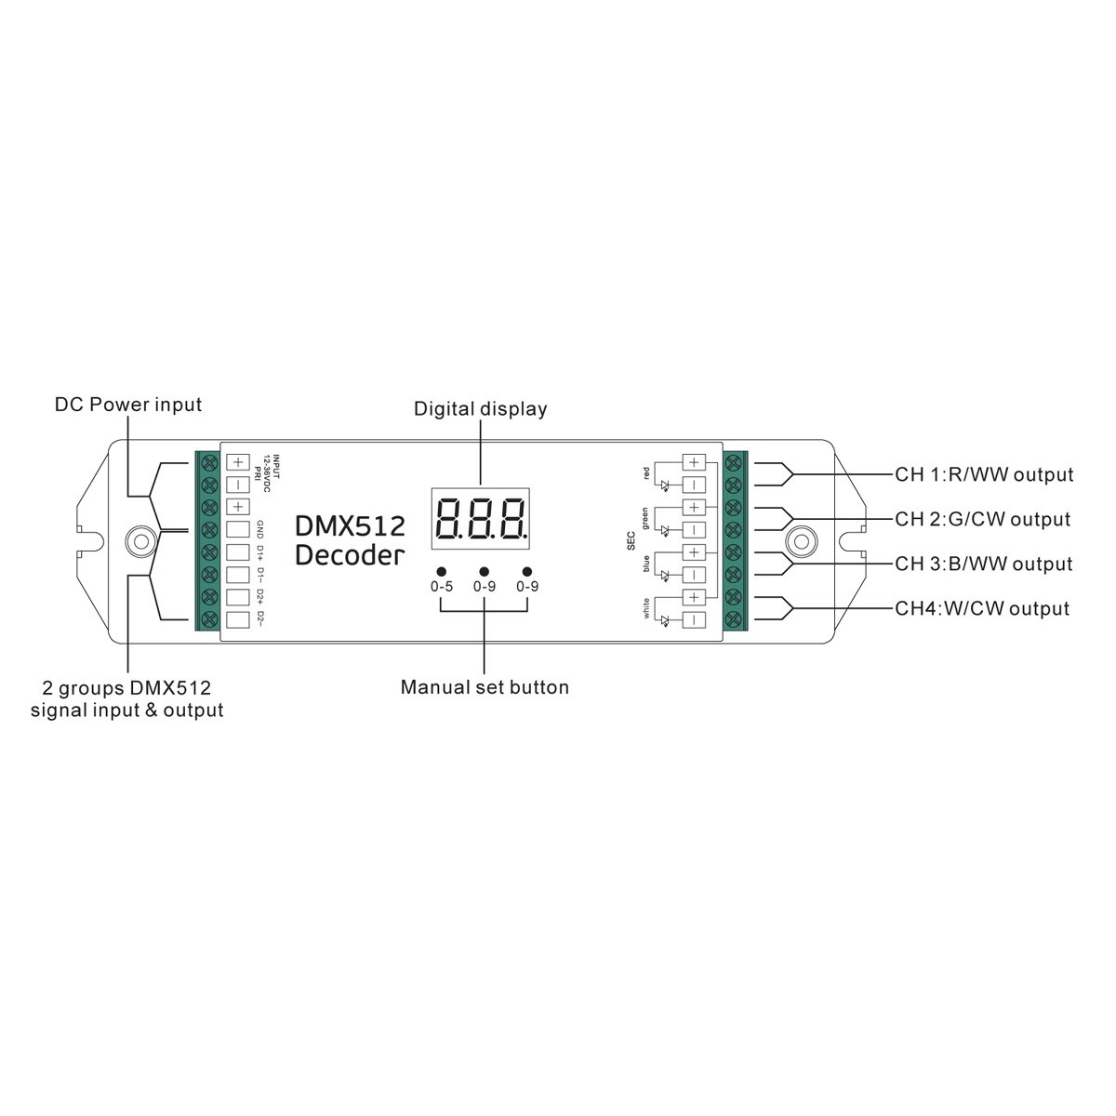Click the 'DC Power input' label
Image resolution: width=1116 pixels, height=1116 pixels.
coord(128,405)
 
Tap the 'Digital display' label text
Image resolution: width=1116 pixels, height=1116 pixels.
coord(480,409)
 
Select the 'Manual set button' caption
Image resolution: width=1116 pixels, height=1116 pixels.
coord(485,687)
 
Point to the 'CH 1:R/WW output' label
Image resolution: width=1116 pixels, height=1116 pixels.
coord(984,474)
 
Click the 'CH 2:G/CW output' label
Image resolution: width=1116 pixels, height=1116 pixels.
coord(982,519)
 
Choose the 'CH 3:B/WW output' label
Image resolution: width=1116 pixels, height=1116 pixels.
coord(983,564)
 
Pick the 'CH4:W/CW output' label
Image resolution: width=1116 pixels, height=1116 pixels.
coord(982,608)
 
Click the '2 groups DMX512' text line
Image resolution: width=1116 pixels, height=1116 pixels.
coord(126,688)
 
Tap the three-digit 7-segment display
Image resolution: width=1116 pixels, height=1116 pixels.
coord(480,518)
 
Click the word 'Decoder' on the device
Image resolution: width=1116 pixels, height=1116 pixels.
coord(350,555)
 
